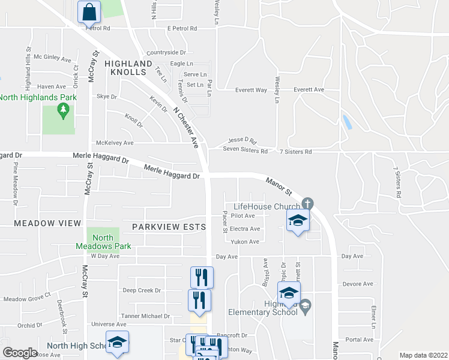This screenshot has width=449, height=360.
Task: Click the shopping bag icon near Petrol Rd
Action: pos(89,11)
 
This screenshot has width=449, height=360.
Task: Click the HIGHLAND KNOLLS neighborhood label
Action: pos(128,67)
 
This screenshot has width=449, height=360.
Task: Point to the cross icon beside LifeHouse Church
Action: pos(307,203)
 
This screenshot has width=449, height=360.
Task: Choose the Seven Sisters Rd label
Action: pos(245,151)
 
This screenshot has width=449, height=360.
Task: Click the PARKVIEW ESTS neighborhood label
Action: pos(169,227)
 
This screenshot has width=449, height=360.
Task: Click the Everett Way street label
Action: pos(251,90)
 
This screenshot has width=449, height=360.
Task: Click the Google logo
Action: pos(20,353)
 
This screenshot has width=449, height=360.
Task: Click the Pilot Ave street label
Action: pos(243,215)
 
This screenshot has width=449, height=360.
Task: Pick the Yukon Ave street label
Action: pos(245,242)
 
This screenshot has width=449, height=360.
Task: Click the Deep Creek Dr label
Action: pos(142,290)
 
